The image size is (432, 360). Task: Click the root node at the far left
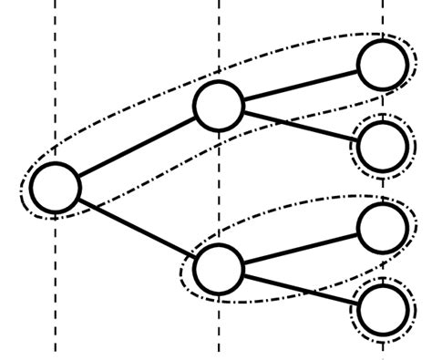coord(55,187)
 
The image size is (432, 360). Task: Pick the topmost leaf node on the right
coord(382,65)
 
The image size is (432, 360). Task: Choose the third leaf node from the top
coord(382,228)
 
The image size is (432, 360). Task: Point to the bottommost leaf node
coord(382,310)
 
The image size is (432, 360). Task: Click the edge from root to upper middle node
coord(137,146)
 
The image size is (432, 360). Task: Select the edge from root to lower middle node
coord(137,228)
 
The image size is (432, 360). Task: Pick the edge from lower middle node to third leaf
coord(301,248)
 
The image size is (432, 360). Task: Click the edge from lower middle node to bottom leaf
coord(301,290)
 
